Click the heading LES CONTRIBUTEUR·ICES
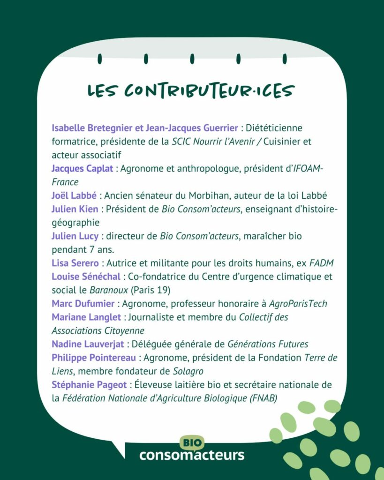pos(191,90)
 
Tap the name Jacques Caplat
pos(82,168)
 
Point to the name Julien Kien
pos(75,209)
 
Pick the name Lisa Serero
pos(75,263)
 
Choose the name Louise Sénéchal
pos(86,277)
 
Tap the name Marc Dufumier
pos(83,304)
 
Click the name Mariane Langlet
pos(86,317)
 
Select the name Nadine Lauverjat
pos(88,345)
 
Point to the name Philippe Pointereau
pos(94,358)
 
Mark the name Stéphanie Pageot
pos(88,385)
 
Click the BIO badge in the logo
pos(191,442)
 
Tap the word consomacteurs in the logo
pos(191,455)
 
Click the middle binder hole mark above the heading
pos(192,59)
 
